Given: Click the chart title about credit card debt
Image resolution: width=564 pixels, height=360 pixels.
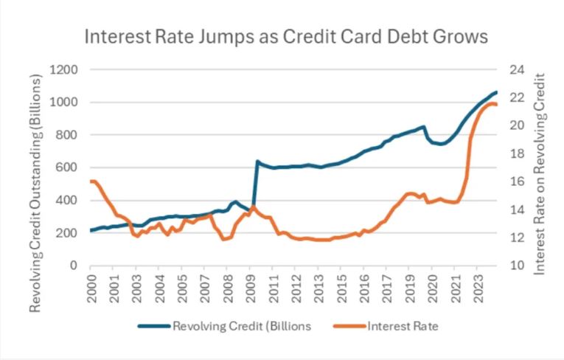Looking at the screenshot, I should click(287, 36).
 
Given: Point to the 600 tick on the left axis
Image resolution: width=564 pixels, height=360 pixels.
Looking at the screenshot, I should click(69, 167).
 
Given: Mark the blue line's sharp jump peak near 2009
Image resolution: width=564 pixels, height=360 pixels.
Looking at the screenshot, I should click(257, 161).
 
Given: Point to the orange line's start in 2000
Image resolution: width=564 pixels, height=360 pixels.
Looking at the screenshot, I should click(91, 181).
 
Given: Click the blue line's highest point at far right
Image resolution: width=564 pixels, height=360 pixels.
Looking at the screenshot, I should click(496, 92).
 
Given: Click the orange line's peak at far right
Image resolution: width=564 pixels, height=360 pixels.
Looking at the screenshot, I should click(490, 103).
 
